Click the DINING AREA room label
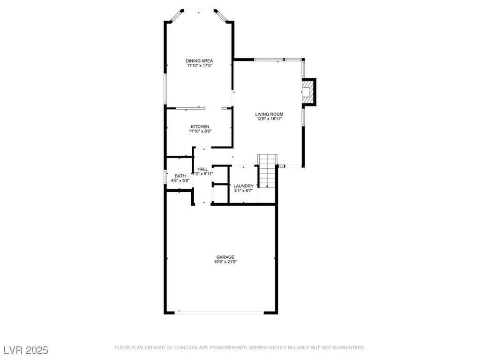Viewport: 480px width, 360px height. (x=199, y=61)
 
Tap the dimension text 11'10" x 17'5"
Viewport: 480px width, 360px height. (x=199, y=66)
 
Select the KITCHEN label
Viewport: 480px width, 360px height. (x=200, y=127)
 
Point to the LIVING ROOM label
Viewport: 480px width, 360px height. (x=269, y=114)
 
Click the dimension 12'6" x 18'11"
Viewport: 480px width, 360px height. (x=269, y=119)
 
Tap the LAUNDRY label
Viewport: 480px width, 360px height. (x=243, y=186)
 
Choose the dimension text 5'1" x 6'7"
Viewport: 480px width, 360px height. (x=243, y=191)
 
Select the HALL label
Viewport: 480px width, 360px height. (x=202, y=169)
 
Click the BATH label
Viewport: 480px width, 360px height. (x=180, y=176)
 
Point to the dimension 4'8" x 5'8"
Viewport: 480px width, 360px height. (x=180, y=180)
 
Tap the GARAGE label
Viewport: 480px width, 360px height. (x=225, y=257)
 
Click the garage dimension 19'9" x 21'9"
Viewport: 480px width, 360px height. (x=225, y=262)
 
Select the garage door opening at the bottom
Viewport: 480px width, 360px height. (x=220, y=312)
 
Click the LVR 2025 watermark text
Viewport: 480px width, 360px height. (x=26, y=350)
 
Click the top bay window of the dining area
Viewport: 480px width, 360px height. (x=199, y=9)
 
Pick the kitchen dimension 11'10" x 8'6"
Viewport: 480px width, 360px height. (x=200, y=132)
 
